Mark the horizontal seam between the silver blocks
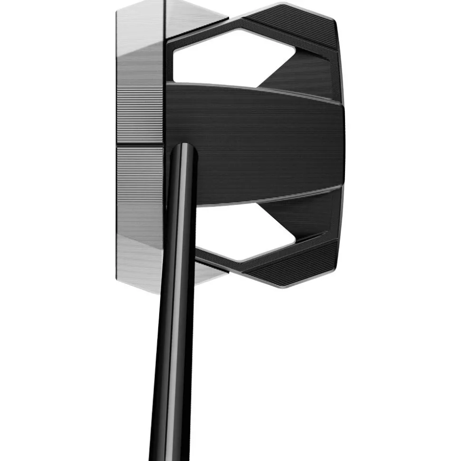140,145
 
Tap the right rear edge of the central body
342,142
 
